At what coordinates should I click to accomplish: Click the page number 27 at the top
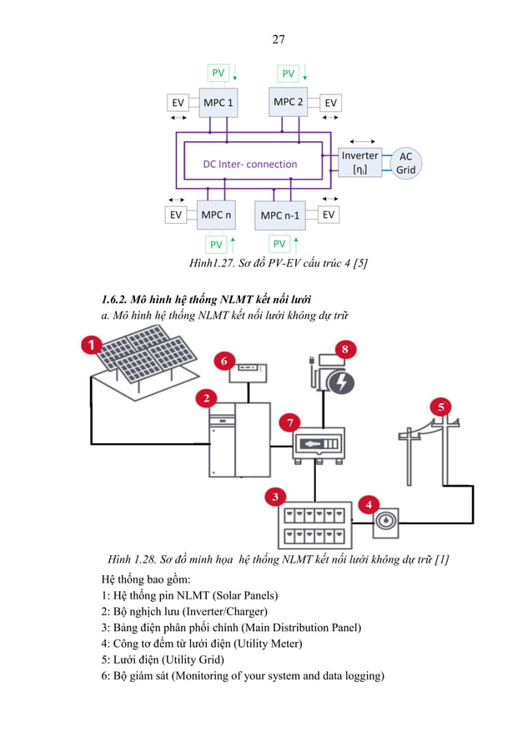tap(279, 40)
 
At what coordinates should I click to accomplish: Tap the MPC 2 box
tap(289, 103)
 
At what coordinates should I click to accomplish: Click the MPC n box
tap(216, 215)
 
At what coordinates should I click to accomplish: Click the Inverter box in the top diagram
tap(360, 162)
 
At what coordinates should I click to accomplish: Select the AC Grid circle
tap(405, 163)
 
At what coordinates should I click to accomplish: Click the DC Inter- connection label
tap(250, 164)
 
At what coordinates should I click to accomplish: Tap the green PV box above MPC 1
tap(217, 73)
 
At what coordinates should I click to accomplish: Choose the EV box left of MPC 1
tap(177, 104)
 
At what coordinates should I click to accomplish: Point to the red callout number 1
tap(91, 345)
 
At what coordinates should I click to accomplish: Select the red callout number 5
tap(442, 407)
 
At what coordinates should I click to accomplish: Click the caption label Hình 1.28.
tap(126, 560)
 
